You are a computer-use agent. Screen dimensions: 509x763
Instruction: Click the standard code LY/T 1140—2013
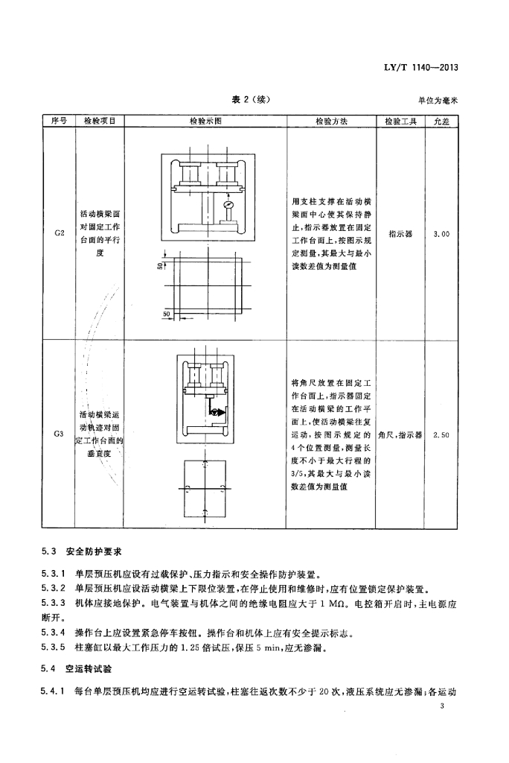420,68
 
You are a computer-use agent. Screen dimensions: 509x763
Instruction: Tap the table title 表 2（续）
250,99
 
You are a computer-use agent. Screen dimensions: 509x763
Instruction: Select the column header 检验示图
205,121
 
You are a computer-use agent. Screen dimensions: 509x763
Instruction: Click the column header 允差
441,121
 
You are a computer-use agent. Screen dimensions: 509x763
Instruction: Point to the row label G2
60,232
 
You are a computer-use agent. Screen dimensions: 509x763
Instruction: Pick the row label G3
59,434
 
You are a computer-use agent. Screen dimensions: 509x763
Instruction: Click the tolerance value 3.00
441,234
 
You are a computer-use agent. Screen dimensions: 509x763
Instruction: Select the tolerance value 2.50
441,435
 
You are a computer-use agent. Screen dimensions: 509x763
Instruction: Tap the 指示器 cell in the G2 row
400,234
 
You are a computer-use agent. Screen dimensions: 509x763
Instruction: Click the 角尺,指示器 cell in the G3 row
400,435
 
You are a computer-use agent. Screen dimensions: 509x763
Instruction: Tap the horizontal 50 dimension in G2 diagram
166,314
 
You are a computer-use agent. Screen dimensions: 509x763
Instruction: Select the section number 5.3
49,551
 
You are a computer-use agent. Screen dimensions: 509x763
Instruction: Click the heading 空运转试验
89,668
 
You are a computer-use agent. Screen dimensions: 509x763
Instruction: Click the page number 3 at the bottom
441,706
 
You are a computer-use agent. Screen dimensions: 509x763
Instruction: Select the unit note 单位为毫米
438,101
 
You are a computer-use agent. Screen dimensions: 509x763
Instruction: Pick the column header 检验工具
400,121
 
